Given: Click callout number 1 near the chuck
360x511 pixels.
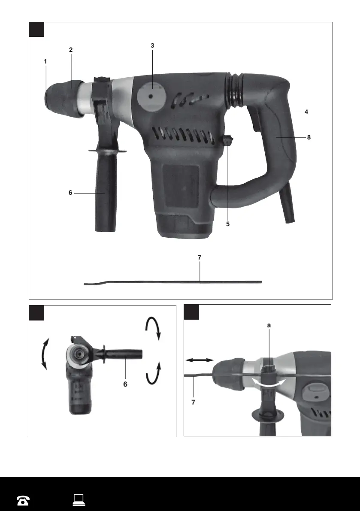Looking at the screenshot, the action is pos(45,61).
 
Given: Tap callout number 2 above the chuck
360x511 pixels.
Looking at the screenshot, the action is pos(71,50).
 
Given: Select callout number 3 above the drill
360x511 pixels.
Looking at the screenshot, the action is pos(152,45).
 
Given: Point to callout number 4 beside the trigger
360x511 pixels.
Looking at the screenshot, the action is pos(306,112).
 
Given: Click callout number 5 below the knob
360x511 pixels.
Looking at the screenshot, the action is pos(228,224).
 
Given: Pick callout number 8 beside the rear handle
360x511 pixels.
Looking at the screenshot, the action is pos(309,138).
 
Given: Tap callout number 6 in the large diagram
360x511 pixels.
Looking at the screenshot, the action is pos(70,193).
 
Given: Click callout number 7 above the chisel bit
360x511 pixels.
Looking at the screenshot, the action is pos(200,257).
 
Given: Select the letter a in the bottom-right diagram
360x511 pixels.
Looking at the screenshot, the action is pos(269,325).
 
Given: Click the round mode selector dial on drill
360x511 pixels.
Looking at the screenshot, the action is pos(151,97).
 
